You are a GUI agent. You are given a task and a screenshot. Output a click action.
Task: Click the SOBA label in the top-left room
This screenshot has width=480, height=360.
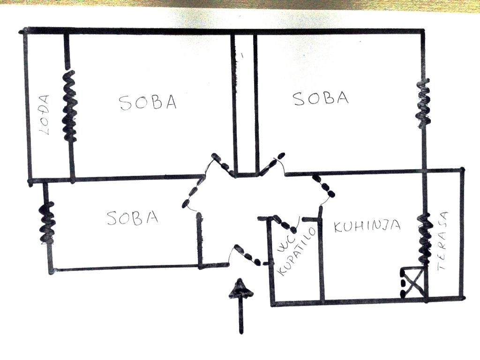148,103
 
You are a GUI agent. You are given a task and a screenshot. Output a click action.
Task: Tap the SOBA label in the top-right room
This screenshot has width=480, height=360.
321,98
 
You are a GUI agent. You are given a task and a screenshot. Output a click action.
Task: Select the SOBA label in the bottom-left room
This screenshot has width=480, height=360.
133,218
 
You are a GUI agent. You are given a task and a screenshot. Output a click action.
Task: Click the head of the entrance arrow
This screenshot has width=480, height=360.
241,289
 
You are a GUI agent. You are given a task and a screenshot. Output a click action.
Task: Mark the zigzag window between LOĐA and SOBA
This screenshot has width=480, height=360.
70,106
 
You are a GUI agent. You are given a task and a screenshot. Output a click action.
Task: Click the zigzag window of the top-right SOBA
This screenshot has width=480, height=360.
424,103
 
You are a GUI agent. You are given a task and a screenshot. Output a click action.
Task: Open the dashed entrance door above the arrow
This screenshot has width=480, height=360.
249,255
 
